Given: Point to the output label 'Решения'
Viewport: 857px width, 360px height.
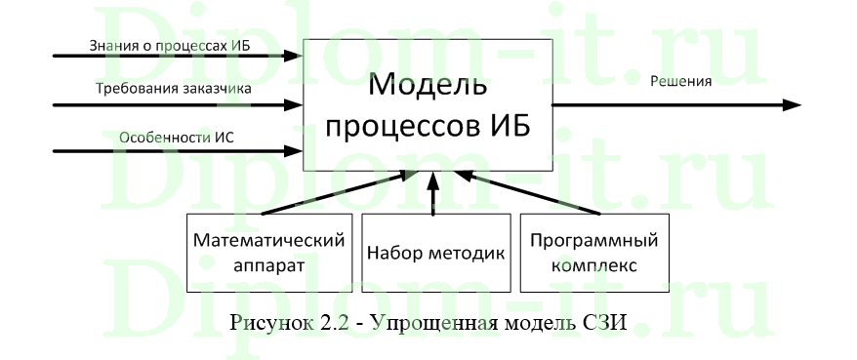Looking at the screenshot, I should [x=680, y=81].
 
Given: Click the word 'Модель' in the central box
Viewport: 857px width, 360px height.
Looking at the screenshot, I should [x=428, y=85].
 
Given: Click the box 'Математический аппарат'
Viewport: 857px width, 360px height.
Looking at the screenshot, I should [x=268, y=252].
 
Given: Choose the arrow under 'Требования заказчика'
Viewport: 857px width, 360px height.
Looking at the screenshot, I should [x=166, y=104].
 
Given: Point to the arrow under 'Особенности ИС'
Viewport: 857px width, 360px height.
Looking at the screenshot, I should [x=166, y=151].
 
